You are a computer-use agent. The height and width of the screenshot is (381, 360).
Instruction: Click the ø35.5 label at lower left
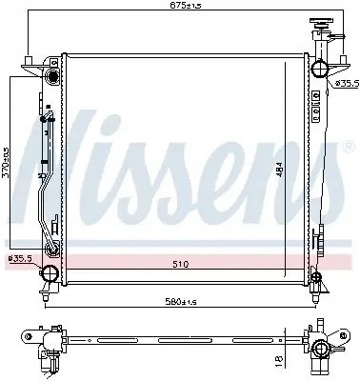(18, 258)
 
